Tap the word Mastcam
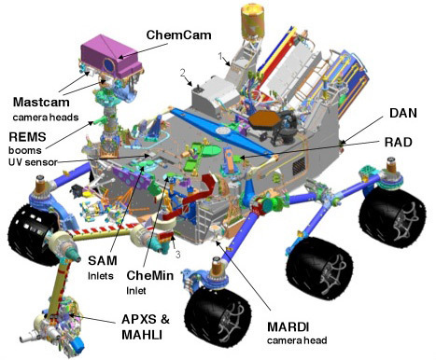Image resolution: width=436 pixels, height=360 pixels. tap(44, 101)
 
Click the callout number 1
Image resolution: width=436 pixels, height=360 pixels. tap(221, 58)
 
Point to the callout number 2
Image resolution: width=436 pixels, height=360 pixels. tap(184, 72)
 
